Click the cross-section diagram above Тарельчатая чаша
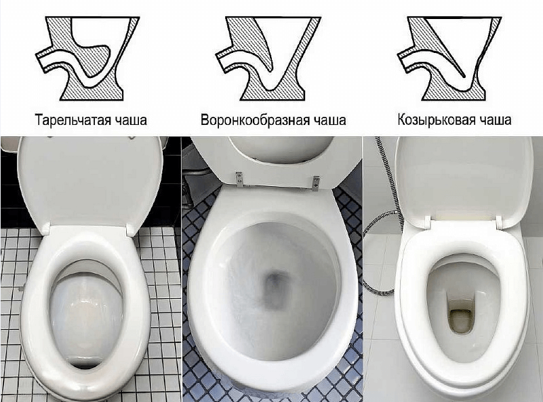(87, 57)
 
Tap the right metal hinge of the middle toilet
(315, 180)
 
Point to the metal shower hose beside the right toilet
(380, 224)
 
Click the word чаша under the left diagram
(129, 121)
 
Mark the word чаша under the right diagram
(494, 121)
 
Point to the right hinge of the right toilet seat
(498, 221)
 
